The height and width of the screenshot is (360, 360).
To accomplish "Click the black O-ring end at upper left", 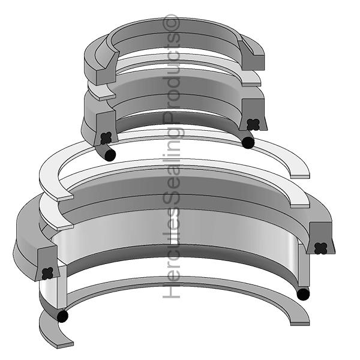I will tap(110, 155).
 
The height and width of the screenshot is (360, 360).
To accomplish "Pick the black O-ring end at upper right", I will tap(248, 142).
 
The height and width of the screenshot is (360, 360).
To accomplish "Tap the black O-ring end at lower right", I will tap(304, 294).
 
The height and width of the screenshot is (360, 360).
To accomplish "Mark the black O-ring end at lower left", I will tap(62, 316).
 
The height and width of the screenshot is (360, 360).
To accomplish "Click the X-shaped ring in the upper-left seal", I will tap(106, 137).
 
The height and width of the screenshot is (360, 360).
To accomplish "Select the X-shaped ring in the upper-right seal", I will tap(253, 124).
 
